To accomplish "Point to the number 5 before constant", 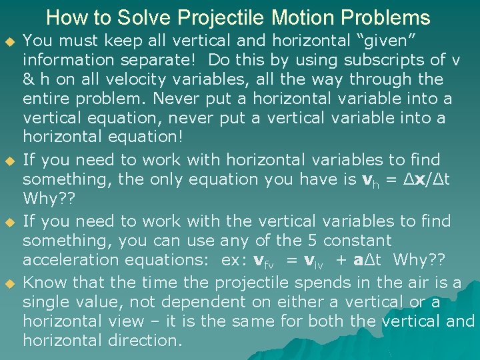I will pos(306,240).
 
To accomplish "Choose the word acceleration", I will pos(75,259).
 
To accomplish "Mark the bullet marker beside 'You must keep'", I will pos(9,41).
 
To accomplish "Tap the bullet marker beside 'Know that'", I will pos(9,283).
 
